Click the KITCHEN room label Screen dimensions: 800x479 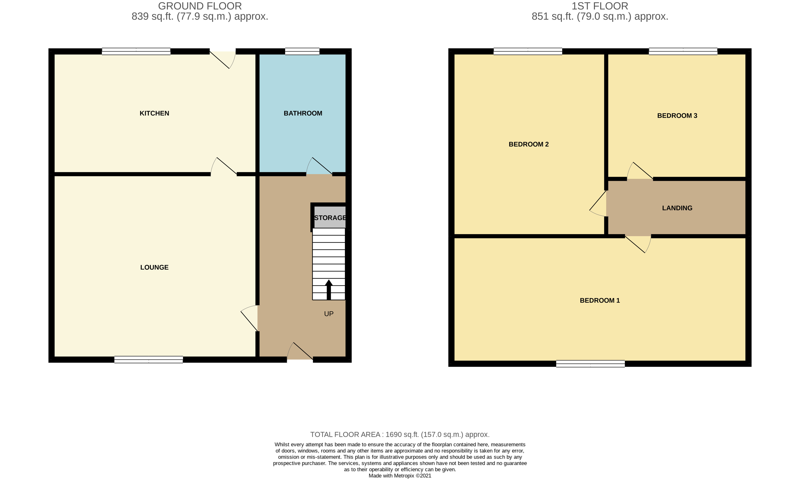pos(154,113)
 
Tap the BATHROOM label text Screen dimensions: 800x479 pos(303,113)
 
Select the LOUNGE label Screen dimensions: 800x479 pos(154,267)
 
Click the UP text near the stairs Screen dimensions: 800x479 pos(329,314)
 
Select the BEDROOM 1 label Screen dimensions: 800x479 pos(599,300)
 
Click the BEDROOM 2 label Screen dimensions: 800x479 pos(529,144)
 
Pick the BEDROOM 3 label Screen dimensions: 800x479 pos(677,115)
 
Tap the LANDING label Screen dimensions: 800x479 pos(677,208)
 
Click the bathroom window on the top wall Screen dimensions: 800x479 pos(302,51)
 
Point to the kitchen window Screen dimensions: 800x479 pos(136,51)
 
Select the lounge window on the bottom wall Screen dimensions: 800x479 pos(149,360)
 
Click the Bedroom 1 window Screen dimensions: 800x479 pos(591,364)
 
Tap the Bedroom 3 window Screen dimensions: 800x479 pos(683,51)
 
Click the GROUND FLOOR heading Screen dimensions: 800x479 pos(200,6)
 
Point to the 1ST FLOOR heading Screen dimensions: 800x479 pos(600,6)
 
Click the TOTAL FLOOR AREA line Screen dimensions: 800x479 pos(400,434)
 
